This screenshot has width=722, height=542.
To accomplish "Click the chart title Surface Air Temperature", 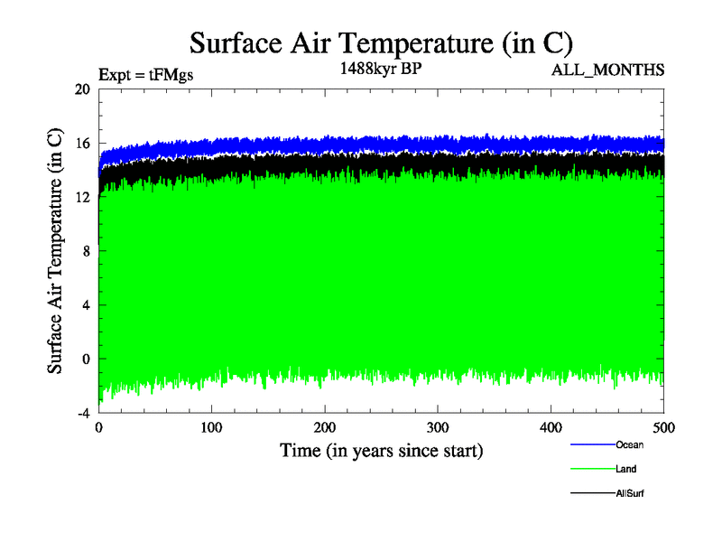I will (381, 42).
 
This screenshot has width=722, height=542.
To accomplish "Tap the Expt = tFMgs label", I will (145, 75).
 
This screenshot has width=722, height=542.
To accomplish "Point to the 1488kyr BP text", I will (380, 68).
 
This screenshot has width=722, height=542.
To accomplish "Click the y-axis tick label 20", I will (82, 89).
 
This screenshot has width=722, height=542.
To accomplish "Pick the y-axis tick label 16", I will (82, 144).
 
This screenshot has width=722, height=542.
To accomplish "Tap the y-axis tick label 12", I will (82, 197).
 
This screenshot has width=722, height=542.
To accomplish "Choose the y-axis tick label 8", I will (86, 251).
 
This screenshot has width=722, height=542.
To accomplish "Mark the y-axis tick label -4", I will (82, 413).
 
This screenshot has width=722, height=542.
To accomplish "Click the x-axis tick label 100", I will (211, 427).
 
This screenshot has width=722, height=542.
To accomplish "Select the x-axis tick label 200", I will (325, 427).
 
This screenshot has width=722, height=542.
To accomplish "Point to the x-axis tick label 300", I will (438, 427).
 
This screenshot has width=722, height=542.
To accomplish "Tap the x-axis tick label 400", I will (551, 427).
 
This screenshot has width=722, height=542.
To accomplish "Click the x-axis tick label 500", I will (663, 427).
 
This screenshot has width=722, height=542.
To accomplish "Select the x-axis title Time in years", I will (381, 450).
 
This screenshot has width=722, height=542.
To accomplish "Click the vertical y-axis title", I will (55, 251).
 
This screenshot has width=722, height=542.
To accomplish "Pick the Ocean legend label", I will (629, 444).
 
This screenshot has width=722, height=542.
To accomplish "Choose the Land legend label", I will (626, 469).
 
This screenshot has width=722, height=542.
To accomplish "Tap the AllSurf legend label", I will (630, 493).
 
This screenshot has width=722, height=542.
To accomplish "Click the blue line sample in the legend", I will (592, 444).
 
